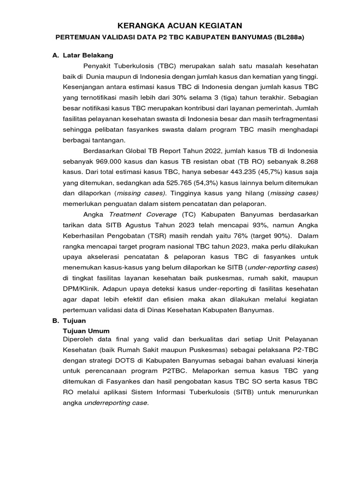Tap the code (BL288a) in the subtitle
pyautogui.click(x=287, y=37)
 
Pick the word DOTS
pyautogui.click(x=117, y=360)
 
